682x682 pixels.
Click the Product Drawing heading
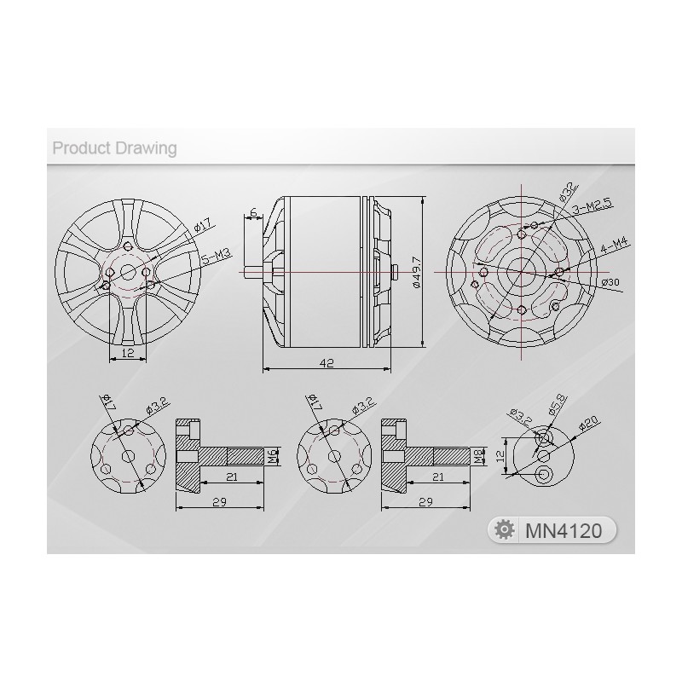114,147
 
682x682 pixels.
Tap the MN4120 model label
564,530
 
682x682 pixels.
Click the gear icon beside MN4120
504,529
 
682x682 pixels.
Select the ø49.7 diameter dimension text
417,272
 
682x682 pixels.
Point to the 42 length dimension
327,362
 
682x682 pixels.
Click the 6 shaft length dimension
254,212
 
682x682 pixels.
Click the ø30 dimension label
610,282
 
